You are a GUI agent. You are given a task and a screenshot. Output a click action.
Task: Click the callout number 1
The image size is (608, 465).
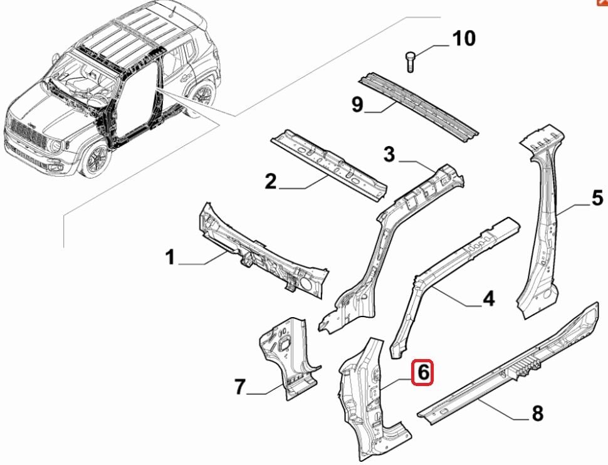click(x=169, y=257)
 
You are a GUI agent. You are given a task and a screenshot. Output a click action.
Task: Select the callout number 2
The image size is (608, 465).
click(x=270, y=182)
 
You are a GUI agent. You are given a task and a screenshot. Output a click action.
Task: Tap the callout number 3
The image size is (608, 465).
click(x=390, y=154)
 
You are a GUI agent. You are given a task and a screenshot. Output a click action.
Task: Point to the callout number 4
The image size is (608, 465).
click(x=488, y=298)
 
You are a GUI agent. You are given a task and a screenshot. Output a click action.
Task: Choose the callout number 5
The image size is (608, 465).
click(x=597, y=199)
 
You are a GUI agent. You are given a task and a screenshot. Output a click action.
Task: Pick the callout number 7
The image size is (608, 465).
click(x=239, y=387)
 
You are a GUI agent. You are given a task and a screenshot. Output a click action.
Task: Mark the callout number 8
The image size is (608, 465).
click(x=537, y=414)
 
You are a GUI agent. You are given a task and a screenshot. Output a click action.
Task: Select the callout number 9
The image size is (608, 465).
click(x=357, y=104)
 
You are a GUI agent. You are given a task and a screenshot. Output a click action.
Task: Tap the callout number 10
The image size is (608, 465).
click(x=464, y=39)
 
